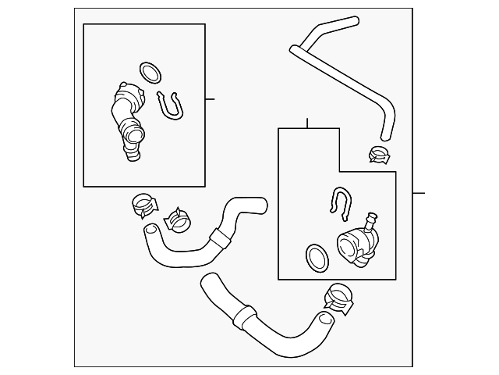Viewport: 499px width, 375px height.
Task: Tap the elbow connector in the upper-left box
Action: pos(126,120)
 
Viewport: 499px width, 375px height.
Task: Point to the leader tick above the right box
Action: pos(307,123)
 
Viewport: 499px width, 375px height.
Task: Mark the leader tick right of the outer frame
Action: pos(418,193)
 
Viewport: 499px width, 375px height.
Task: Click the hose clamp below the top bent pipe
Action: pos(380,154)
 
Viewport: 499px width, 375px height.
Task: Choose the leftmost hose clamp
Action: pos(143,205)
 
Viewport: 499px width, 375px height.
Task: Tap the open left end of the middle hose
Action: pos(148,230)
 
